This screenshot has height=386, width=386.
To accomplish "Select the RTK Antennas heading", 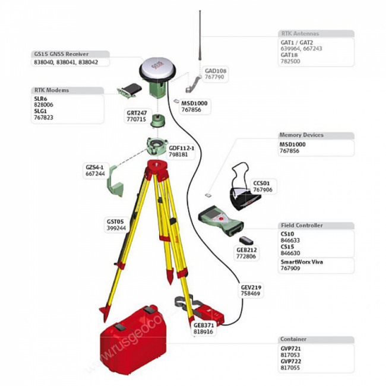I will [299, 34].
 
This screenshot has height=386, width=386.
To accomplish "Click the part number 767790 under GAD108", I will [214, 77].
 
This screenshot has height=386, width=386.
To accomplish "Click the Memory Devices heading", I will [301, 135].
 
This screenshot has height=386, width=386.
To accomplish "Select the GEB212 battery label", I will [246, 250].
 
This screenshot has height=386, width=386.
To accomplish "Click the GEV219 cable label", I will [251, 287].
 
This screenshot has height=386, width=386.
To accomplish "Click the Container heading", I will [294, 340].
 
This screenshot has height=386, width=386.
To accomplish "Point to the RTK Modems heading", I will [51, 90].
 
